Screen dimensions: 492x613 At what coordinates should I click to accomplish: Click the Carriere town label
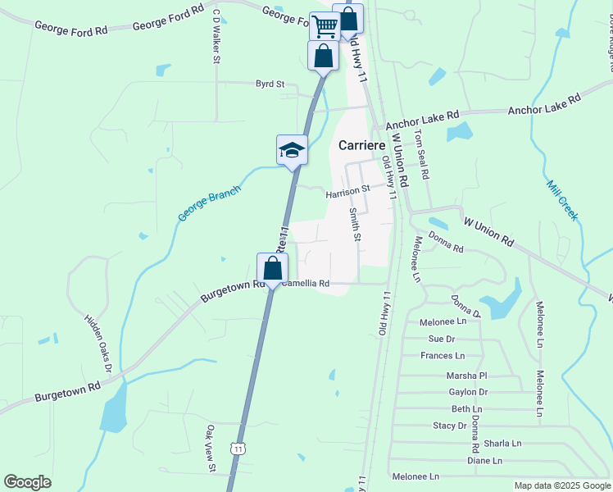point(361,145)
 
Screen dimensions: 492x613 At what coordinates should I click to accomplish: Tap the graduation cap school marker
point(292,151)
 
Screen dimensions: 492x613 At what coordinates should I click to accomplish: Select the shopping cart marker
point(325,26)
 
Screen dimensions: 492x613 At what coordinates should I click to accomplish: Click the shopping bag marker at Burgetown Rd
point(272,268)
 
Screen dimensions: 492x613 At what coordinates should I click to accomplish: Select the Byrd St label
point(270,84)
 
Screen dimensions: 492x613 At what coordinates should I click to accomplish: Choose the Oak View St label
point(211,449)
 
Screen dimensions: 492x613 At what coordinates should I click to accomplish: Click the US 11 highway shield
point(238,449)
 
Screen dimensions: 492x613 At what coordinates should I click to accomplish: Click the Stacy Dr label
point(449,426)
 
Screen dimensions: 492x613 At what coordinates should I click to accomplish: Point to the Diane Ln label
point(484,461)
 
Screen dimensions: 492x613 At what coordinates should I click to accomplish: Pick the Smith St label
point(355,224)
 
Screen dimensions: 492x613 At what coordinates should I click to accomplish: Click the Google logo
point(27,482)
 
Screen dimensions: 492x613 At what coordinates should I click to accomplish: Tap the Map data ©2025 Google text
point(561,485)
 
